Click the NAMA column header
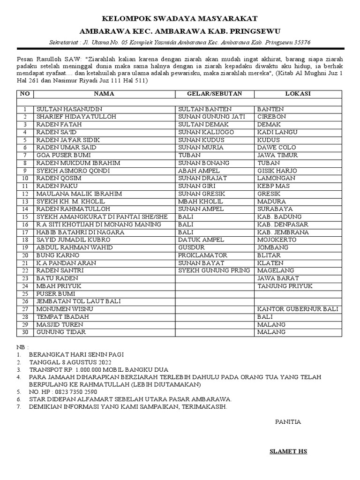104,94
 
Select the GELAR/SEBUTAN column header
215,94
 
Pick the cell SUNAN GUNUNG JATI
211,117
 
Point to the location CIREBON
271,117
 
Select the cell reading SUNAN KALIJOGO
206,132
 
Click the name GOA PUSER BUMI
64,155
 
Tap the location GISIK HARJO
276,171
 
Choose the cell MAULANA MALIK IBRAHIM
79,194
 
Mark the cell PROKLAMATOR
202,255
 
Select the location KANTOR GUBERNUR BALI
298,309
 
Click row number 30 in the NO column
25,332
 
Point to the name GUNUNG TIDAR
61,332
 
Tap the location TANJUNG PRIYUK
285,286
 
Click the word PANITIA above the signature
288,422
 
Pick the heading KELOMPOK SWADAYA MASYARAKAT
180,19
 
